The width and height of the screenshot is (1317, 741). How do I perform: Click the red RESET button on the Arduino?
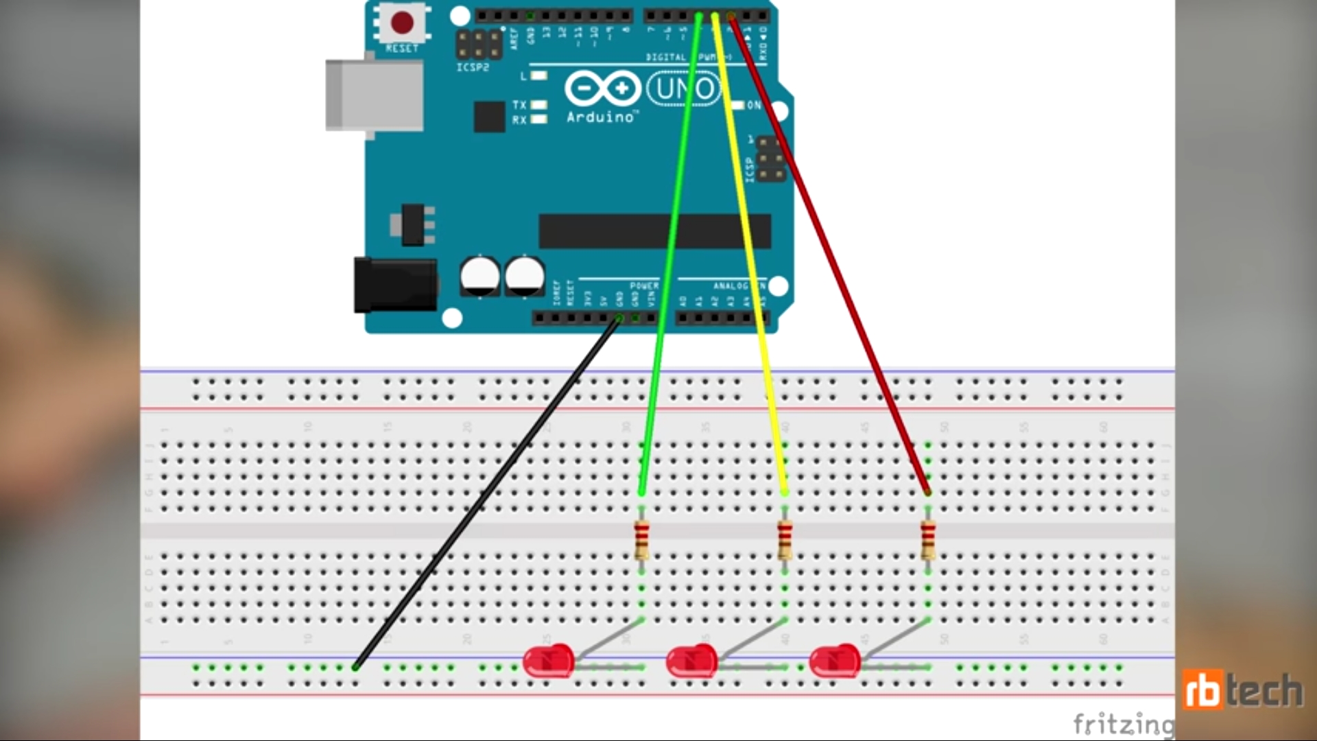tap(402, 23)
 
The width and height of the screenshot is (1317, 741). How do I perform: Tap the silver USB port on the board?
tap(374, 95)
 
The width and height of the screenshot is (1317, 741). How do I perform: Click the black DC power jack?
tap(395, 285)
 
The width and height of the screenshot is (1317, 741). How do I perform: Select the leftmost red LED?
tap(549, 661)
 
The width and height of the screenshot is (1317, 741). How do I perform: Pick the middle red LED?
tap(692, 661)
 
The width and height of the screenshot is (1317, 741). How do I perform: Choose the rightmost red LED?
tap(835, 661)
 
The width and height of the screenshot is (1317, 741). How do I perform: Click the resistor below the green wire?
tap(641, 539)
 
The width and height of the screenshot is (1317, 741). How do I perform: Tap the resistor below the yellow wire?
tap(785, 539)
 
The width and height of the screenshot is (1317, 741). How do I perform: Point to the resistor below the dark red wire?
tap(928, 539)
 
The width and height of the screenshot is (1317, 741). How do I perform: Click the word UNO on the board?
tap(683, 89)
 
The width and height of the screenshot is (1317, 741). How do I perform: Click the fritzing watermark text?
tap(1123, 724)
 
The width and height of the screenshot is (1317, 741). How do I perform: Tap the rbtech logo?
tap(1242, 690)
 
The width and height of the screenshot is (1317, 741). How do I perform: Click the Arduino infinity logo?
tap(602, 89)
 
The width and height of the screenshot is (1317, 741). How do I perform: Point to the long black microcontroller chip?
tap(655, 231)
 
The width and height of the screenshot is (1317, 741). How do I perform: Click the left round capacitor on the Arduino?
tap(480, 276)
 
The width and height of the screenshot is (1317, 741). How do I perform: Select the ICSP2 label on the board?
tap(473, 67)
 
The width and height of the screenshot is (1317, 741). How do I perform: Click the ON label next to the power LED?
tap(754, 105)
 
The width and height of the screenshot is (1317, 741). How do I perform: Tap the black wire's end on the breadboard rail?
tap(355, 667)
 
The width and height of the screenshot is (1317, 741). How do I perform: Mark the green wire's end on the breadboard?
tap(641, 492)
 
